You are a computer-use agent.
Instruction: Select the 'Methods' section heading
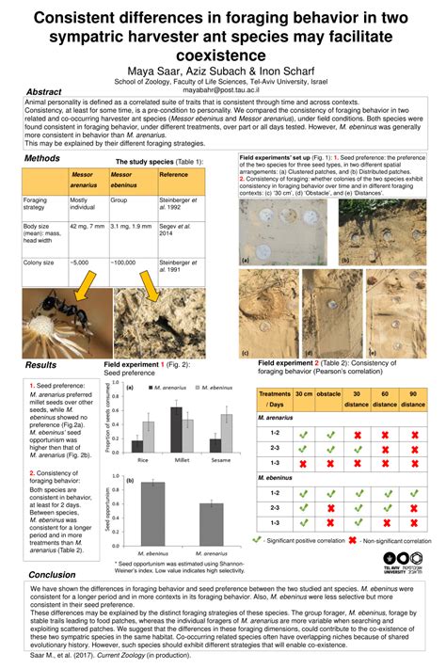[x=43, y=159]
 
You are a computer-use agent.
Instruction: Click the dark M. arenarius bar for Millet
[x=176, y=423]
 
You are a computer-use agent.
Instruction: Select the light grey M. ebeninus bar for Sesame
[x=226, y=427]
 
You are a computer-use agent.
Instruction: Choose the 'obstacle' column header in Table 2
[x=327, y=397]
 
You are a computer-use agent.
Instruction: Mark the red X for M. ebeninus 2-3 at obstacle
[x=328, y=508]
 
